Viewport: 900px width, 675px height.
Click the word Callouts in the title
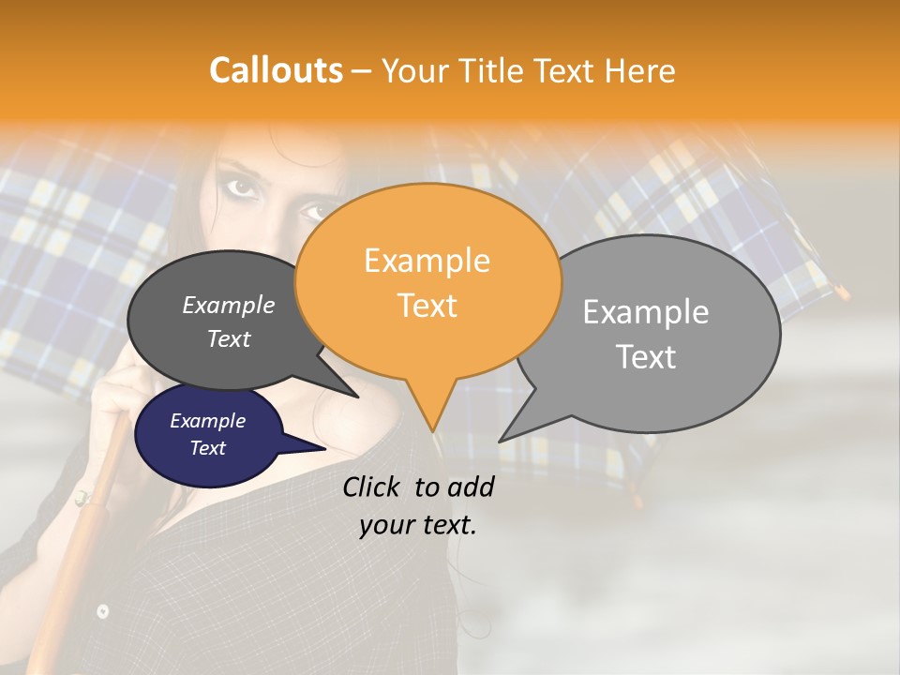point(276,70)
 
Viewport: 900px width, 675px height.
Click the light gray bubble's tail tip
point(501,440)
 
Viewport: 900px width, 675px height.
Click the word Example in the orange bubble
point(427,261)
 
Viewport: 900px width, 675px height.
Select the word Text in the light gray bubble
point(647,357)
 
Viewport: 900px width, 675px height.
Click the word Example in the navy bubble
point(207,421)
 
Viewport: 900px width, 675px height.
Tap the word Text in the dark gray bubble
point(229,338)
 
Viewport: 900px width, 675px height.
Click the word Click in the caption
point(373,487)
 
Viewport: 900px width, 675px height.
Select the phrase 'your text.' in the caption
point(418,525)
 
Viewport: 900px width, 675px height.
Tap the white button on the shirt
point(102,611)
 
